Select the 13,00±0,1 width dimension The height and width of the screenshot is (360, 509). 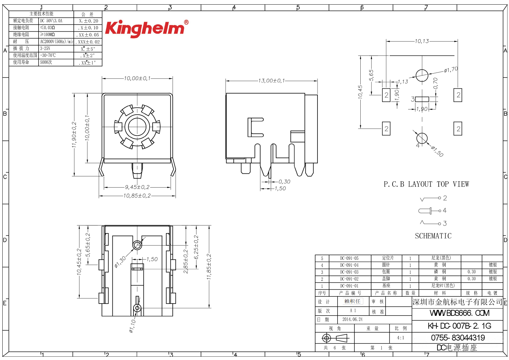[271, 80]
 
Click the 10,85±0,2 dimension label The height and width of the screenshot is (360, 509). [137, 195]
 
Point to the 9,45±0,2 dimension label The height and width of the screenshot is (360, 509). [137, 187]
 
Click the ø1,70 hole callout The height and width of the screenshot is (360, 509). [451, 70]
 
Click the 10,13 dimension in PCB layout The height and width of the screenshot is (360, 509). [422, 41]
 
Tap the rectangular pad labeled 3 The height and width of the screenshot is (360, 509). [422, 99]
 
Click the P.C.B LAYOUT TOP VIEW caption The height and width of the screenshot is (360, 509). [426, 184]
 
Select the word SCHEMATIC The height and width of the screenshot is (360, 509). [433, 236]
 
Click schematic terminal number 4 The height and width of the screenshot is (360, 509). [445, 210]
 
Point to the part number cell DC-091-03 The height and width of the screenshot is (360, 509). [349, 272]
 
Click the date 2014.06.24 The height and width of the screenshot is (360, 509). [352, 319]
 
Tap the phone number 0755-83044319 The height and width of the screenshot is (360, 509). [458, 338]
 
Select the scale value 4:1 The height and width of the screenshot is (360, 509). [400, 338]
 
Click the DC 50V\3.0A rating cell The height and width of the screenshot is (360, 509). [51, 21]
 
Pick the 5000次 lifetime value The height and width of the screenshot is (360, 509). [46, 62]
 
